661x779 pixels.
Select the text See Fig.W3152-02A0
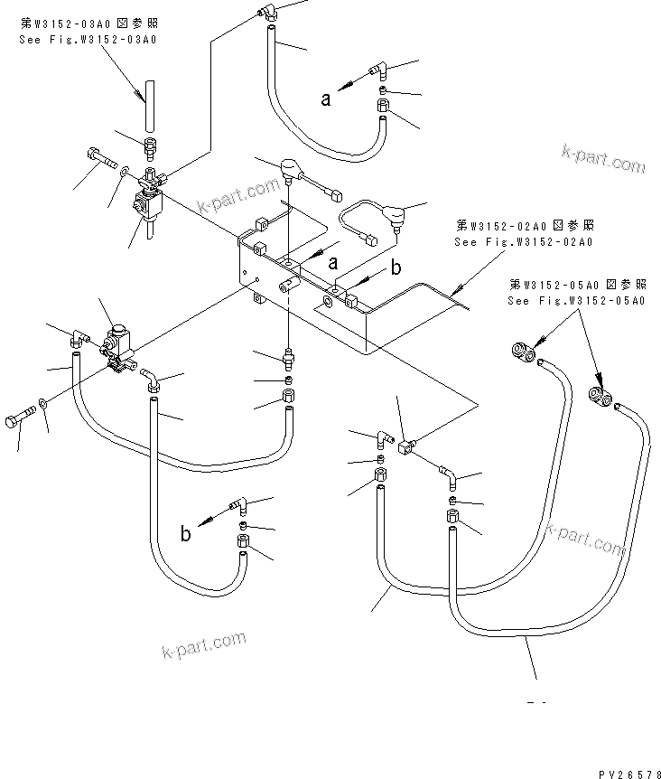pyautogui.click(x=525, y=241)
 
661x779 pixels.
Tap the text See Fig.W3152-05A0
pyautogui.click(x=576, y=300)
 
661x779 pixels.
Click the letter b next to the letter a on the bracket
pyautogui.click(x=396, y=268)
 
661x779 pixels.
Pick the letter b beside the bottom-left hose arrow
pyautogui.click(x=185, y=533)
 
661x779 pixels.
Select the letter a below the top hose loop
pyautogui.click(x=326, y=100)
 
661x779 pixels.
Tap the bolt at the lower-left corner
pyautogui.click(x=18, y=420)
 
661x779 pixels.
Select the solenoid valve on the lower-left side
pyautogui.click(x=117, y=345)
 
